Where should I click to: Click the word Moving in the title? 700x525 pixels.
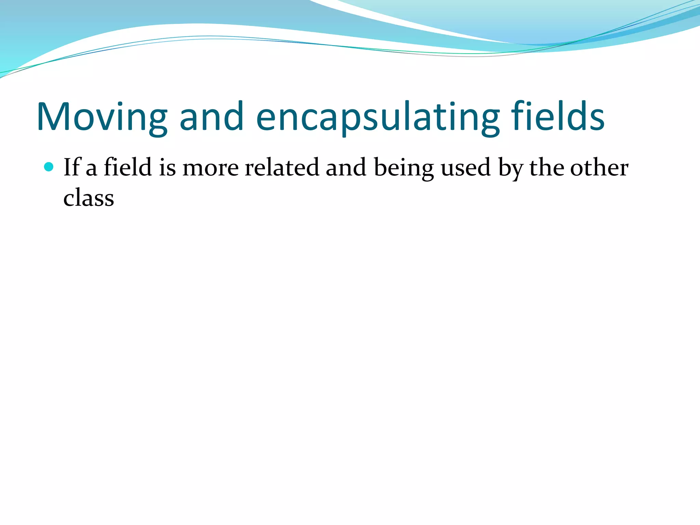point(102,117)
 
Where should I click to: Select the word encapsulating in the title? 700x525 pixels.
point(378,117)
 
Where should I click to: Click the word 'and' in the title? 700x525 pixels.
point(211,117)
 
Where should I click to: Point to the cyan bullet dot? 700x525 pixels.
point(49,167)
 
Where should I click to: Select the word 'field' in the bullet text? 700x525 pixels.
point(128,167)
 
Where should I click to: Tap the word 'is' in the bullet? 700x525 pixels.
point(167,168)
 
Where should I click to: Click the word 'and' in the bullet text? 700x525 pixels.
point(346,167)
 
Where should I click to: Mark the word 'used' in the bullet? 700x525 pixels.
point(466,168)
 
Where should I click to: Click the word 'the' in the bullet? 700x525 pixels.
point(547,167)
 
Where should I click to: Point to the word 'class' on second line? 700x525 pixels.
point(89,198)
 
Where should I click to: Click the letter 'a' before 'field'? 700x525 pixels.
point(91,169)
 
